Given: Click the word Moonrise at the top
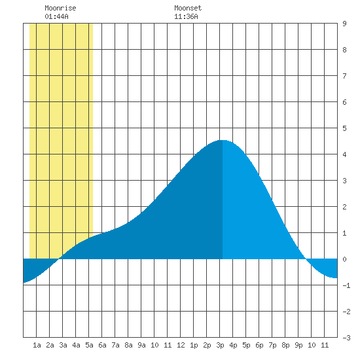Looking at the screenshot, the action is click(x=60, y=8).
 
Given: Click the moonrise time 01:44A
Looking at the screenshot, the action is click(x=56, y=16).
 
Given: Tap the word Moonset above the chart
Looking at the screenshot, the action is click(x=188, y=8).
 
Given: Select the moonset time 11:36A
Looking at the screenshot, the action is click(x=186, y=16).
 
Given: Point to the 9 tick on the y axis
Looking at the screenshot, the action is click(x=344, y=24).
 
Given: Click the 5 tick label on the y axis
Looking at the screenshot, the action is click(x=344, y=128).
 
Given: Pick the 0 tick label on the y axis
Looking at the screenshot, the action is click(x=344, y=259).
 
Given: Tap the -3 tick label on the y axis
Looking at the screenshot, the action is click(x=346, y=338).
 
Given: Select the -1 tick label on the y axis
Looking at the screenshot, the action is click(x=346, y=285).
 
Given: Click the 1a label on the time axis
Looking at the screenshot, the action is click(x=37, y=345).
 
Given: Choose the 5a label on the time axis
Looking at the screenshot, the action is click(x=89, y=345).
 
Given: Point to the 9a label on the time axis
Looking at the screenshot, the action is click(x=141, y=345).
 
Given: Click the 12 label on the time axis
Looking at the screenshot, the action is click(x=181, y=345).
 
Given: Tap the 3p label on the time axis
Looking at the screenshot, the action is click(x=220, y=345).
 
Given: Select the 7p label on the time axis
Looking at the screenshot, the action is click(x=272, y=345).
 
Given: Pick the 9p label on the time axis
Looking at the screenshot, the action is click(x=298, y=345).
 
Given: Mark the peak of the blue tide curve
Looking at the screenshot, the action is click(x=223, y=140).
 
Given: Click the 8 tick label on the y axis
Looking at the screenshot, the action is click(x=344, y=50).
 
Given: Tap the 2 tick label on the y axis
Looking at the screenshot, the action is click(x=344, y=207).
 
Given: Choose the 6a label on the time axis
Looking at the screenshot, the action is click(x=102, y=345).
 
